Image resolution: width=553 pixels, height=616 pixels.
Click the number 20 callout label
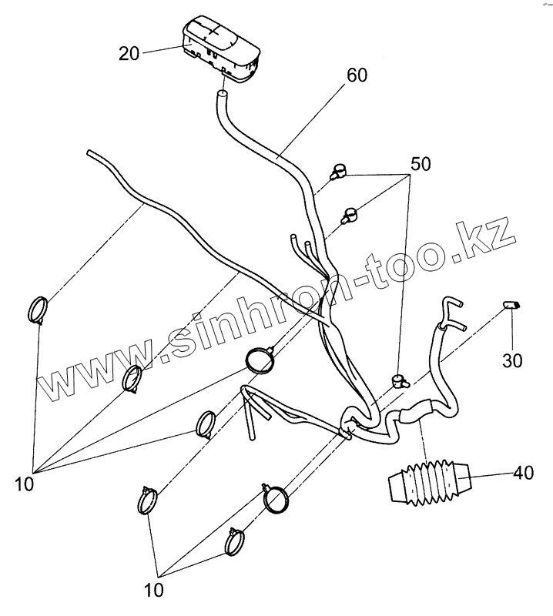[129, 53]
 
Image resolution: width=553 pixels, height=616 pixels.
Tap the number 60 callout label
[357, 75]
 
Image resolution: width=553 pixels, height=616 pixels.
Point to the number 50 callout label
[421, 164]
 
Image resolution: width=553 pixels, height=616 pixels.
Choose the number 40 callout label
[523, 474]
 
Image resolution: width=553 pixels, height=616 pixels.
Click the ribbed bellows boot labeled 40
[428, 482]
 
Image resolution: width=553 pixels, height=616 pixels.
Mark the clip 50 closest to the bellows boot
[397, 379]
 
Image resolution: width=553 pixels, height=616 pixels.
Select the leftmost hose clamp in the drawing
[38, 310]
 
